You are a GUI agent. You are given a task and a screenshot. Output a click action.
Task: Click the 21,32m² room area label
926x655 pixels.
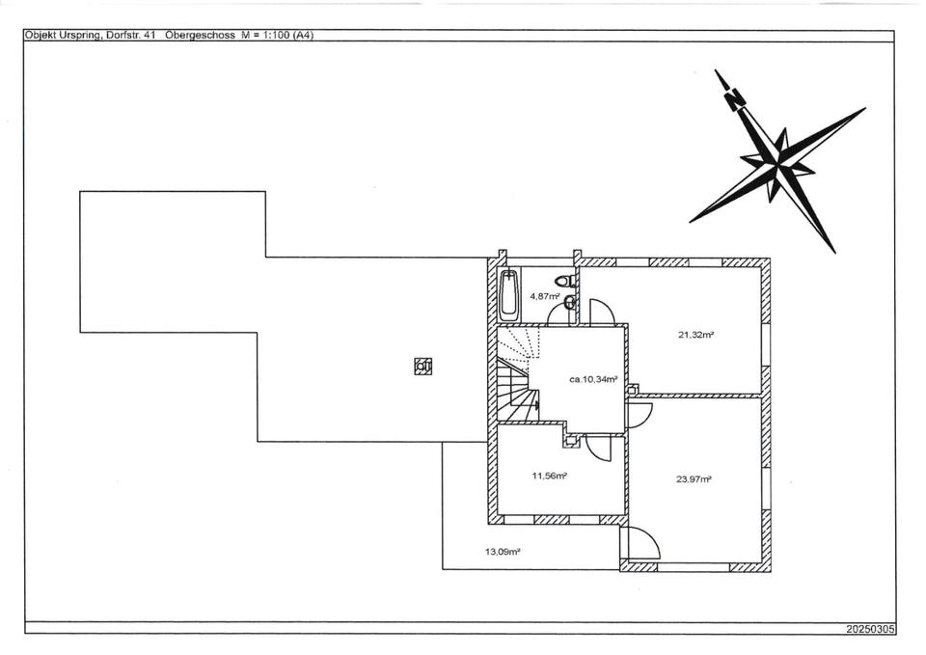coord(695,335)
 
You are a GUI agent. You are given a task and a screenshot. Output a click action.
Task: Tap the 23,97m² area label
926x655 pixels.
coord(694,479)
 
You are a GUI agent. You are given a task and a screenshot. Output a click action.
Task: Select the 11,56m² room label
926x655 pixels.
coord(549,476)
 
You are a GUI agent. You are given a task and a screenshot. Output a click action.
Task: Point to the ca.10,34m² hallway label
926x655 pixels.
coord(593,379)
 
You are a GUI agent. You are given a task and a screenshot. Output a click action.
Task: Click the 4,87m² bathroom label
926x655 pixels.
coord(545,296)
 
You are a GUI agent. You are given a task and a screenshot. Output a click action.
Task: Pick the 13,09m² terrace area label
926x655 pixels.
coord(503,553)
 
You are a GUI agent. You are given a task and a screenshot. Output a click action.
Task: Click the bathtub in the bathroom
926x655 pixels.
coord(511,296)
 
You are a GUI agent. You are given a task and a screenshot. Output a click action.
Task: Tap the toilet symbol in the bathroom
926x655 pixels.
coord(570,281)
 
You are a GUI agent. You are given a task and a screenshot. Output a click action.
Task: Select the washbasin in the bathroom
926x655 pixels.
coord(570,303)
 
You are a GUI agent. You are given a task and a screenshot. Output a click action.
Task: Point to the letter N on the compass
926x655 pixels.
coord(735,97)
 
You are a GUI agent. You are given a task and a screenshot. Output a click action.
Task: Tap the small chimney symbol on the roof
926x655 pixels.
coord(422,366)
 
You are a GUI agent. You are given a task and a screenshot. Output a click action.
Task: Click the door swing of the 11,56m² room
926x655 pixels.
coord(596,449)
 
